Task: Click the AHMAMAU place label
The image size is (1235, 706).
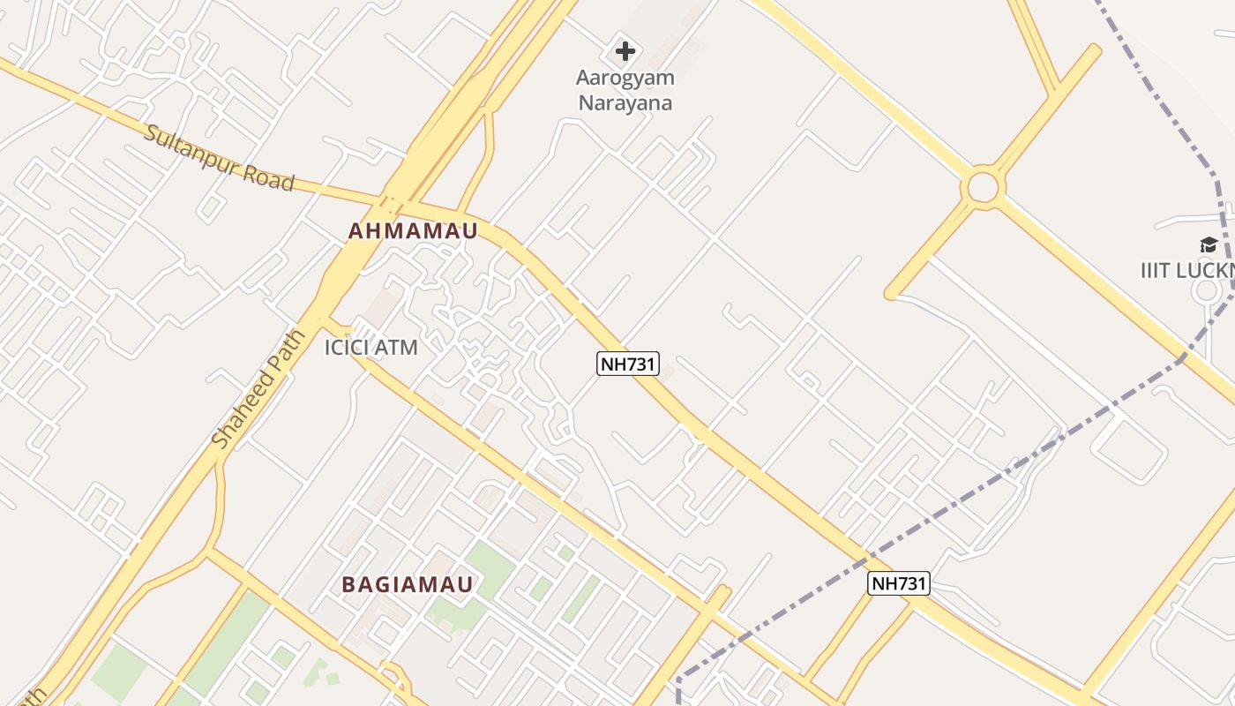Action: pyautogui.click(x=413, y=231)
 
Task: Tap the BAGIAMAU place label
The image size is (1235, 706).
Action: pyautogui.click(x=408, y=584)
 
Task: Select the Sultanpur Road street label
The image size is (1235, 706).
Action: pyautogui.click(x=218, y=158)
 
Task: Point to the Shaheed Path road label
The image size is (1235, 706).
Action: pyautogui.click(x=259, y=389)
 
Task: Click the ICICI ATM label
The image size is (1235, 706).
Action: pyautogui.click(x=370, y=348)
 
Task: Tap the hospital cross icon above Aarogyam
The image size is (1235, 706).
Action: pyautogui.click(x=625, y=51)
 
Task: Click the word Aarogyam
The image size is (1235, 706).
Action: pyautogui.click(x=625, y=78)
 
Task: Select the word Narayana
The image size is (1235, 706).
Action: pyautogui.click(x=625, y=103)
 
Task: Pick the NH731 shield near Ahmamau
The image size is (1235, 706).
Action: pyautogui.click(x=628, y=364)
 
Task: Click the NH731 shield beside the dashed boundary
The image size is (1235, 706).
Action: pyautogui.click(x=898, y=583)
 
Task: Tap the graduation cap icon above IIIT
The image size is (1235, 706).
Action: pyautogui.click(x=1208, y=245)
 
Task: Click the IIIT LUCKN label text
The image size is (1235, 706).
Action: pyautogui.click(x=1187, y=270)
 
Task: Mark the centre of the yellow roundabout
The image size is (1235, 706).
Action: pyautogui.click(x=983, y=187)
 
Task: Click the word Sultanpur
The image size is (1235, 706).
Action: pyautogui.click(x=186, y=148)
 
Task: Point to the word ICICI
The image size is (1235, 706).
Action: pyautogui.click(x=346, y=348)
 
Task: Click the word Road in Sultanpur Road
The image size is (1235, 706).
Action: pyautogui.click(x=267, y=175)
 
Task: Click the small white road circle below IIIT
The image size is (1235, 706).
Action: pyautogui.click(x=1207, y=291)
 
